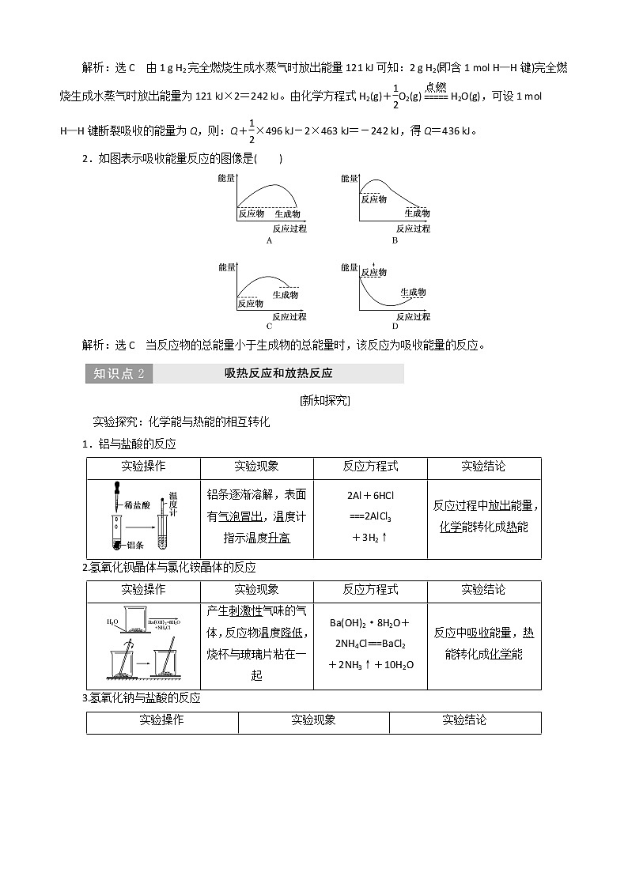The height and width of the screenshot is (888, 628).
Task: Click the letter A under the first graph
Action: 269,240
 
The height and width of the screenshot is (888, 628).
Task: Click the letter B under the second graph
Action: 395,240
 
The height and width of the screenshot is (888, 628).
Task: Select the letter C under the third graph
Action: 269,326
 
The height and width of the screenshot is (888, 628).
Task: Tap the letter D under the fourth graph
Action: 395,326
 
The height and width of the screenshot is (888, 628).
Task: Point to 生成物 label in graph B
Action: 417,213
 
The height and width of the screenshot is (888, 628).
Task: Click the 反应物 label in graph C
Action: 251,303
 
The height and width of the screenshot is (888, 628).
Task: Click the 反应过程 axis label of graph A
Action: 289,229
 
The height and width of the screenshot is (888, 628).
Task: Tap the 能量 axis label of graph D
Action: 350,267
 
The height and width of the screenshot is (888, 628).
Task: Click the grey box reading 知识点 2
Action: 119,374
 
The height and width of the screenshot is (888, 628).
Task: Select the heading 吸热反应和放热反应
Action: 278,374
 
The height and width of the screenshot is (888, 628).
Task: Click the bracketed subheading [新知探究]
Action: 324,400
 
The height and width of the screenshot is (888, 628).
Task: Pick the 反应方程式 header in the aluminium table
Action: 370,467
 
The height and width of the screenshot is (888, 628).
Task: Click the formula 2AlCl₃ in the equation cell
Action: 370,517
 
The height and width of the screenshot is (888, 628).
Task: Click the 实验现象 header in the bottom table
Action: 313,720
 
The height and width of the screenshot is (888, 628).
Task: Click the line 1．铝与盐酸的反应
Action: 131,444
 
